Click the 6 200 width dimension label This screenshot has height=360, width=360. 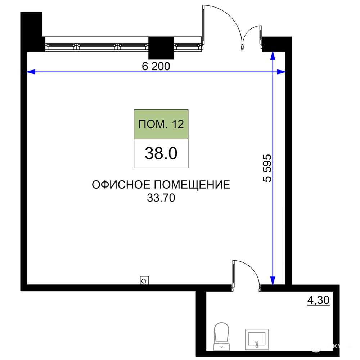click(156, 66)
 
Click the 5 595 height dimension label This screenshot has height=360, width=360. click(267, 168)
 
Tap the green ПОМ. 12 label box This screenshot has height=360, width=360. click(161, 124)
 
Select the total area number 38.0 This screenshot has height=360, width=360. click(161, 153)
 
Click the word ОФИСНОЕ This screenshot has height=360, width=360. click(121, 185)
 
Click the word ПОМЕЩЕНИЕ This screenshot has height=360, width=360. click(192, 185)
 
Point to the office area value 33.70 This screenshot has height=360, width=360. click(161, 198)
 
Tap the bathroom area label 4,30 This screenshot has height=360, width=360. click(319, 300)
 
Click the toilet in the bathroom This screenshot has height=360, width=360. click(221, 336)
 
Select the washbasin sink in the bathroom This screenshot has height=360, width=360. click(257, 339)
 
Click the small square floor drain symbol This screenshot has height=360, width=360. click(144, 280)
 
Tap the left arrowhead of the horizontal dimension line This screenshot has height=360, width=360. click(31, 72)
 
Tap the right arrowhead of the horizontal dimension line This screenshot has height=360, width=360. click(281, 72)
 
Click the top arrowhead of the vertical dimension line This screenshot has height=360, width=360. click(273, 56)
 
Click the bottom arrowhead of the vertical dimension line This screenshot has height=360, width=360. click(273, 280)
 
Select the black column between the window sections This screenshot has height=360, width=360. click(161, 48)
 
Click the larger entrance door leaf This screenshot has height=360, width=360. click(203, 25)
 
